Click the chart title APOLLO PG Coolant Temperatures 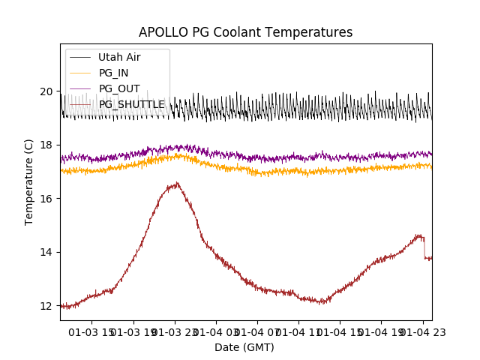(245, 33)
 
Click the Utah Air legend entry (119, 57)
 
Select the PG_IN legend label (113, 73)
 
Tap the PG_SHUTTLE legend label (131, 104)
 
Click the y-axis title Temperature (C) (29, 181)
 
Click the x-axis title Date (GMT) (244, 347)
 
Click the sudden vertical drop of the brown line (424, 247)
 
